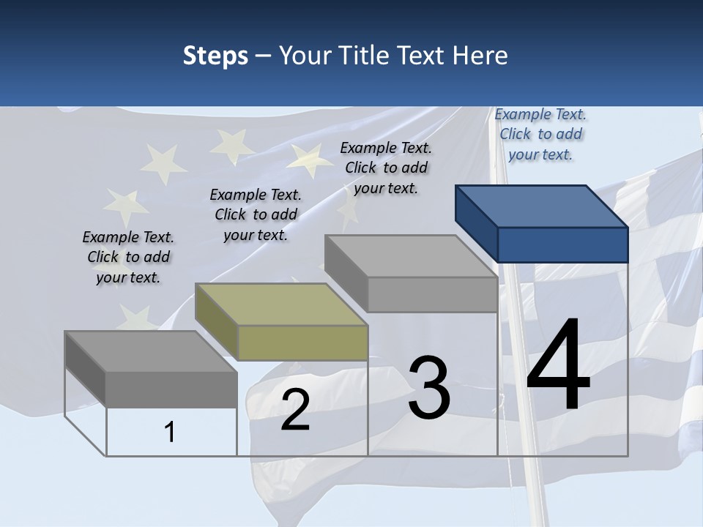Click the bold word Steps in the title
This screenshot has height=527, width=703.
[x=215, y=56]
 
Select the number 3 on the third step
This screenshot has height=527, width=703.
[x=429, y=388]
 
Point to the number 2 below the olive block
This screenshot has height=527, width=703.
[x=295, y=410]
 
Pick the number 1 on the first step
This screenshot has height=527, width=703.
[x=170, y=433]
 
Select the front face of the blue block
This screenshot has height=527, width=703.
[x=562, y=244]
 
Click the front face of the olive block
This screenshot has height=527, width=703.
[x=302, y=343]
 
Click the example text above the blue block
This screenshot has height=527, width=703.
[x=540, y=134]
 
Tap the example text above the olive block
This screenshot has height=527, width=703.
[x=256, y=214]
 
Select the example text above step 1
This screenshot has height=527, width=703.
[x=128, y=257]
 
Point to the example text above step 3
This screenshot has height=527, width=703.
[x=386, y=168]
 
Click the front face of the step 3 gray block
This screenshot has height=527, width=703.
[x=432, y=295]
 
